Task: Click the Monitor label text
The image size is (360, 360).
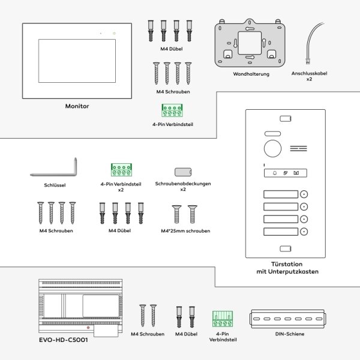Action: click(x=77, y=106)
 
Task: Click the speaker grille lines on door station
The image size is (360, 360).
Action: click(x=298, y=149)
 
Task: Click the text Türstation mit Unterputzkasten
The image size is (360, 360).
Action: click(x=283, y=268)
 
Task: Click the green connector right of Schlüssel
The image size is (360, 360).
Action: click(x=121, y=170)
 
